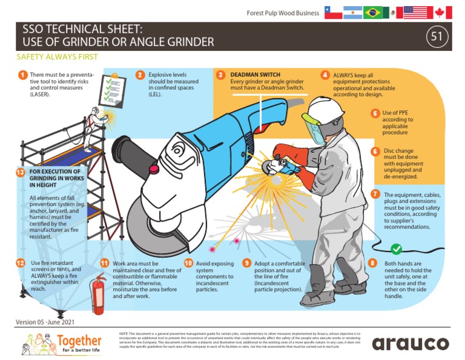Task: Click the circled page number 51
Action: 436,37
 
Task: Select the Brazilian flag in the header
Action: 374,13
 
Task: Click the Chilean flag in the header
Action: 332,13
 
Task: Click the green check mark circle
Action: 397,248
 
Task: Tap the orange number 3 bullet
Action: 221,75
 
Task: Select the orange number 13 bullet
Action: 22,173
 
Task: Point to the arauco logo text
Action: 411,344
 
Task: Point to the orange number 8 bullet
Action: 372,263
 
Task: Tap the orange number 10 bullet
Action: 188,263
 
